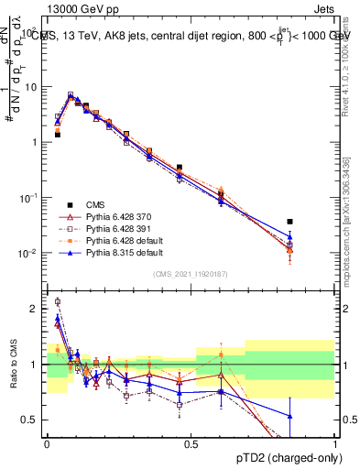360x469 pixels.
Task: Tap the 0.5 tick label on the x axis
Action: click(x=191, y=442)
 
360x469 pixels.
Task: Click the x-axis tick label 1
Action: click(x=334, y=442)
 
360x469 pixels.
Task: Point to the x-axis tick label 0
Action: click(x=47, y=442)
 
